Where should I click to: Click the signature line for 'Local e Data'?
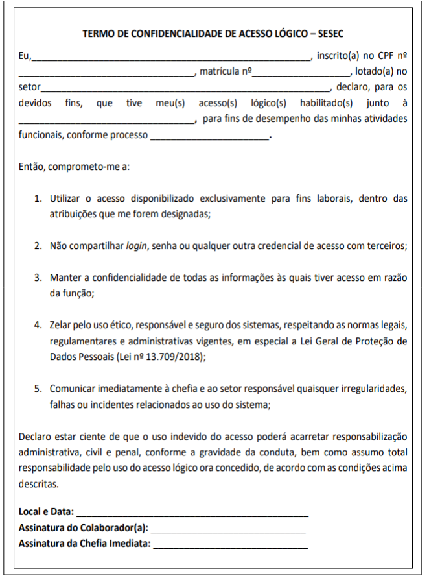(192, 514)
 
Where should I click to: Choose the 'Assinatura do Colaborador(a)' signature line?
(228, 529)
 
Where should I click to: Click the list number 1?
(38, 199)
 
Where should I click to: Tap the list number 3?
(38, 277)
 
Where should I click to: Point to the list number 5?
(38, 389)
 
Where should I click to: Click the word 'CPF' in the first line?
(384, 56)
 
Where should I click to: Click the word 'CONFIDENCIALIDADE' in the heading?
(174, 33)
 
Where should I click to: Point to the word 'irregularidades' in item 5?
(377, 389)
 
